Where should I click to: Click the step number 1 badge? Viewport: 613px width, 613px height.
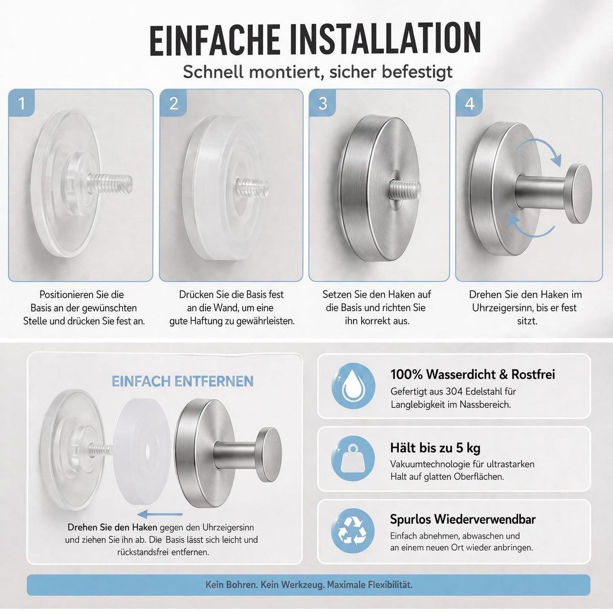pos(21,103)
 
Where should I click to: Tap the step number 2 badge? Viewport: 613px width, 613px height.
pos(173,103)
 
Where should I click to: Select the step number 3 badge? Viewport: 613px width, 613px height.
pos(322,103)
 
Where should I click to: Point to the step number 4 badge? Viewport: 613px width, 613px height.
pos(469,103)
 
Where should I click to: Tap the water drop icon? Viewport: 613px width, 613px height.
pos(353,386)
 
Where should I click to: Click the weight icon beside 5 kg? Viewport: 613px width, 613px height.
pos(353,459)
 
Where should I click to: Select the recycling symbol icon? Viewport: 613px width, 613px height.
pos(353,531)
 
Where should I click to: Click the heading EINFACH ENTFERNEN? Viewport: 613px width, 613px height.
pos(182,381)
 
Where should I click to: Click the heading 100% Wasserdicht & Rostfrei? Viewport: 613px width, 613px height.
pos(473,374)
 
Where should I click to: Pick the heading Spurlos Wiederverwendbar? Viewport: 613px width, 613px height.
pos(463,519)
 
